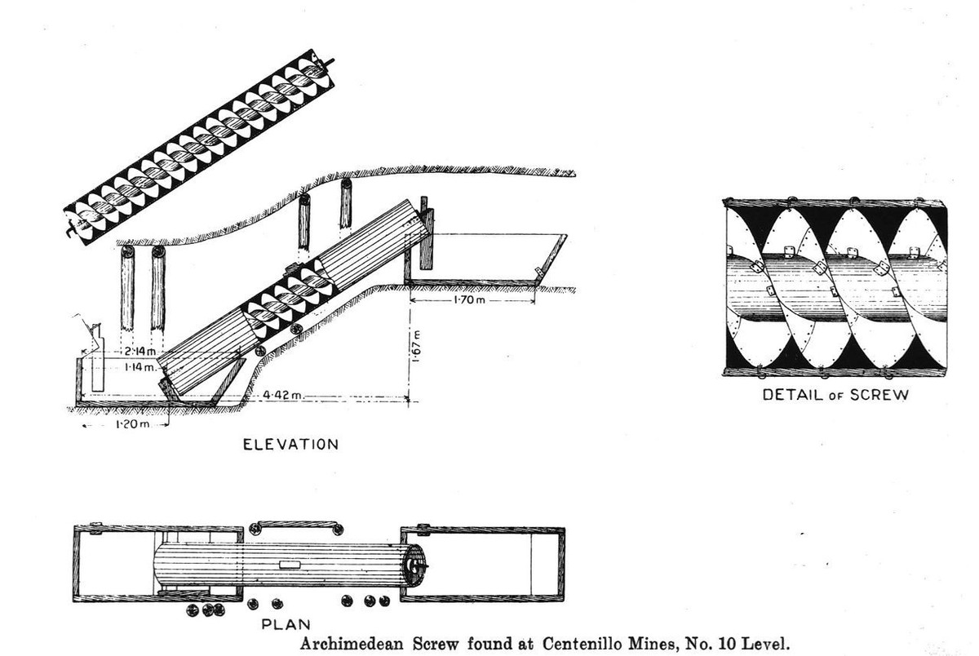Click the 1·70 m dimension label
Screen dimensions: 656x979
point(467,301)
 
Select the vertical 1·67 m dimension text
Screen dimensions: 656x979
point(417,348)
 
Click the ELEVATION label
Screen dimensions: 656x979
point(290,445)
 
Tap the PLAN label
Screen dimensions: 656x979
point(283,624)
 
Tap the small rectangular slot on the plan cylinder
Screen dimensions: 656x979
point(290,565)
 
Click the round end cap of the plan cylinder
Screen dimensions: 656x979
point(417,564)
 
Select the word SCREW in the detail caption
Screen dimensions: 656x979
point(880,395)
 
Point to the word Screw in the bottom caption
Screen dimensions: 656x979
point(422,642)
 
